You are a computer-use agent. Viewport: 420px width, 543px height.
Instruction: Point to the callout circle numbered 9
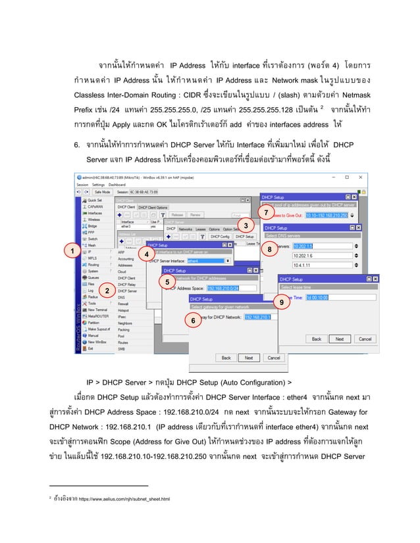click(281, 303)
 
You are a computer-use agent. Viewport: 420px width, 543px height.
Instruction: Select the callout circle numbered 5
click(168, 281)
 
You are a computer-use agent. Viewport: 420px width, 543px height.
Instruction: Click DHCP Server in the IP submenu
click(128, 291)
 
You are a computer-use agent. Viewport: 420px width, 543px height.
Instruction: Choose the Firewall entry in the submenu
click(124, 304)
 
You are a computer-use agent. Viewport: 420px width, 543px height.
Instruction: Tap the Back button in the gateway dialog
click(226, 358)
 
